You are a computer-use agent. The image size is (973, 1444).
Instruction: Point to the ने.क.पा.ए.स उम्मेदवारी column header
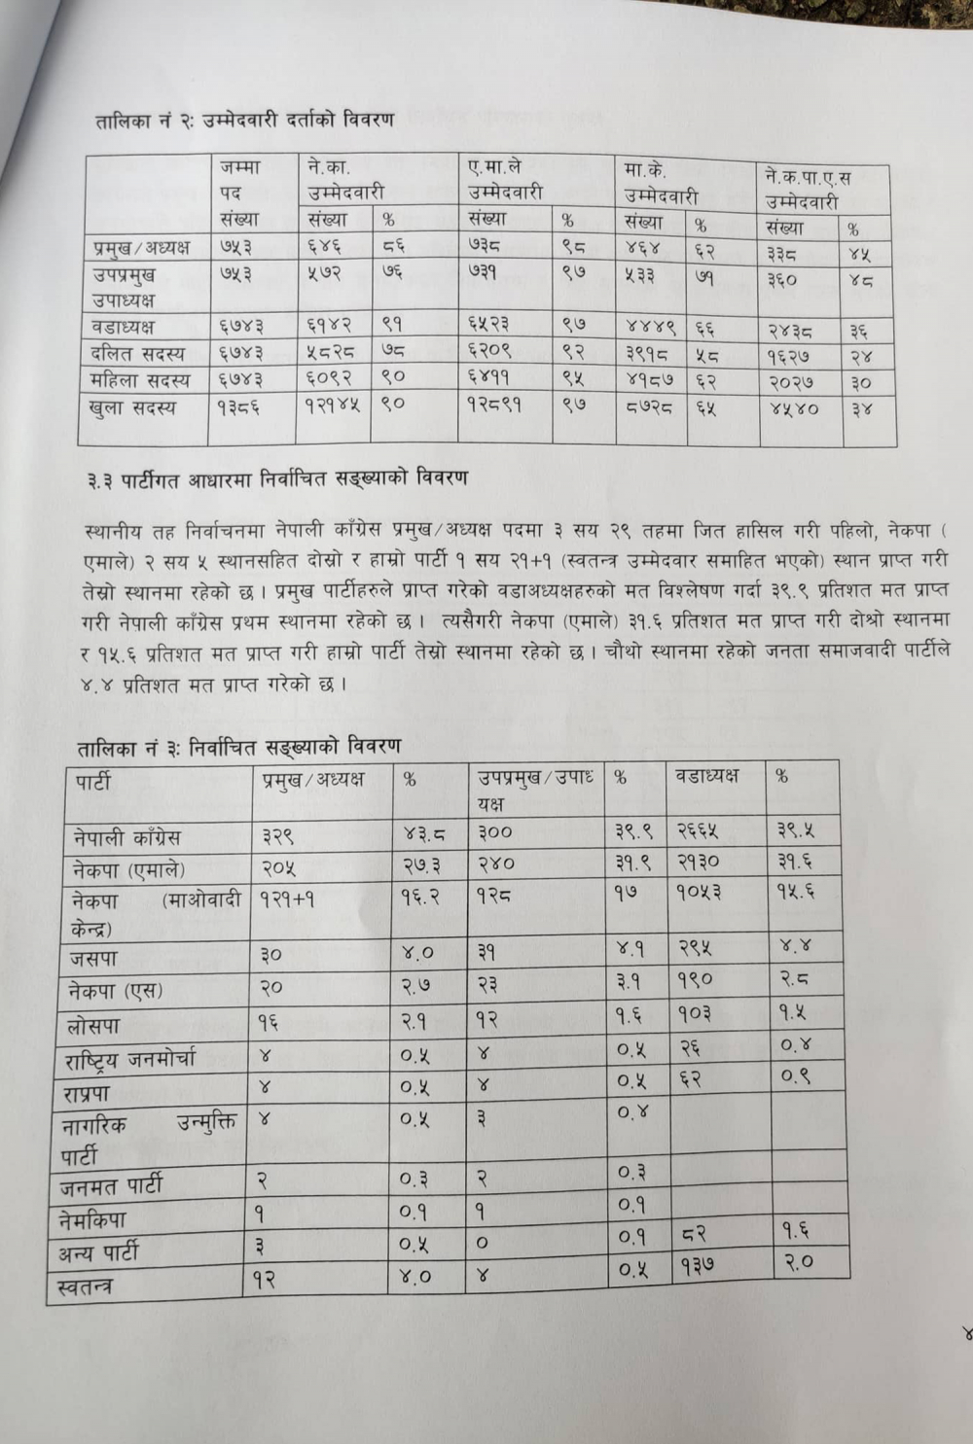pyautogui.click(x=808, y=190)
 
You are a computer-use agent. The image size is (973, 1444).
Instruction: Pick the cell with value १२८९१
pyautogui.click(x=494, y=405)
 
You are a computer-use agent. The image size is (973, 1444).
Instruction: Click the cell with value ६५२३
pyautogui.click(x=489, y=324)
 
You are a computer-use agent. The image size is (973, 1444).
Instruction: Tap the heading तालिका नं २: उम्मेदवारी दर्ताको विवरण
pyautogui.click(x=244, y=121)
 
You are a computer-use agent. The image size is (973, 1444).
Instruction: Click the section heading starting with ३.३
pyautogui.click(x=277, y=478)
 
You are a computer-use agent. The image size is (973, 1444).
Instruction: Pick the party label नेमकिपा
pyautogui.click(x=92, y=1219)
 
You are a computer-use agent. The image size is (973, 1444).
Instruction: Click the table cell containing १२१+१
pyautogui.click(x=287, y=900)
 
